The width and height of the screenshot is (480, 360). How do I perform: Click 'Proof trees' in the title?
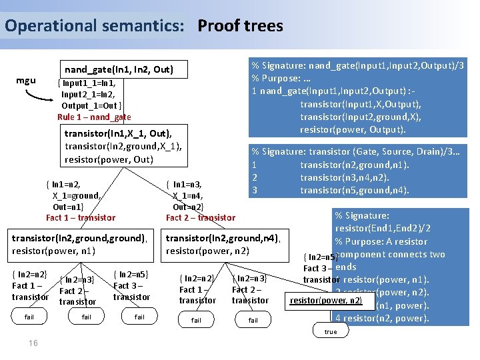240,26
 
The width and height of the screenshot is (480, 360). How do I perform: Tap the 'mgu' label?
26,81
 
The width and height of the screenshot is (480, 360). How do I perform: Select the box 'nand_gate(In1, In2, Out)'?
119,69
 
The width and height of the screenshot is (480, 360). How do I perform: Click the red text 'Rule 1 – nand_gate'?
94,117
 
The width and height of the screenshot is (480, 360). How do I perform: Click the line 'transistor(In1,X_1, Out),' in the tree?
118,133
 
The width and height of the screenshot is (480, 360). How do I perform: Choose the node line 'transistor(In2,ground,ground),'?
79,238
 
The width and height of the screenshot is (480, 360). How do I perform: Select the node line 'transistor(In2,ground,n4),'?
223,238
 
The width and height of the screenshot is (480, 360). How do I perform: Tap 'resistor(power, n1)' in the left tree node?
54,251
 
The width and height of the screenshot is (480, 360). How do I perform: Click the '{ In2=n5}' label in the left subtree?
131,275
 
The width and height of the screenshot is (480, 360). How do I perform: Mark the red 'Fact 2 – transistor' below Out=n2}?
200,217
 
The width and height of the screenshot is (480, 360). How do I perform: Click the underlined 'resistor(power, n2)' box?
326,301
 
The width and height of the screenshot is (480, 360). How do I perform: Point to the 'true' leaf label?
331,331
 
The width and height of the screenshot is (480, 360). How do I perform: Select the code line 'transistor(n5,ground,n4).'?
354,191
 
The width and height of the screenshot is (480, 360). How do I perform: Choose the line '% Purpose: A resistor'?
381,241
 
